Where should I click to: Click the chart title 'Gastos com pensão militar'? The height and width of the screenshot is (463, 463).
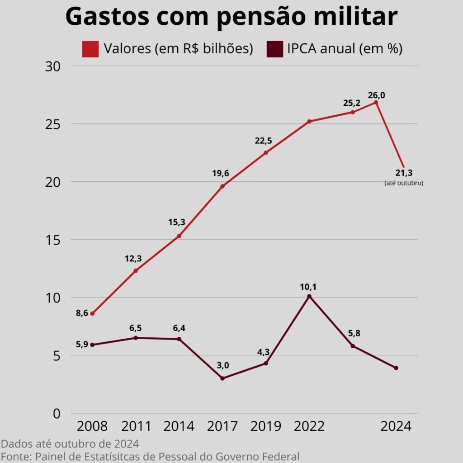tap(231, 17)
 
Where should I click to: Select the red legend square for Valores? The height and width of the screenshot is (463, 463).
tap(90, 49)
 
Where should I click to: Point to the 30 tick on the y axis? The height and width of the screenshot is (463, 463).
tap(53, 66)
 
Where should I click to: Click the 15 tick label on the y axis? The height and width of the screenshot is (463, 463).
tap(53, 240)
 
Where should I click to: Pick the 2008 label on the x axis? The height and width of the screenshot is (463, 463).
tap(92, 426)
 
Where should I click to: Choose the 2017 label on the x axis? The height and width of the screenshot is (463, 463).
tap(222, 426)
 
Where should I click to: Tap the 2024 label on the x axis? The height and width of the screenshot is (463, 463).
tap(396, 426)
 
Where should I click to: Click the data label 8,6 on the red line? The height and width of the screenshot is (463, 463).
tap(82, 313)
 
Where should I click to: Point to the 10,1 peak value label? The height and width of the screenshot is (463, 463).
tap(309, 286)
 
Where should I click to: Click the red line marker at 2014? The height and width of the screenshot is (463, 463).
tap(179, 236)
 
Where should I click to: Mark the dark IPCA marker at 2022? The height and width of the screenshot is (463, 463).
tap(309, 297)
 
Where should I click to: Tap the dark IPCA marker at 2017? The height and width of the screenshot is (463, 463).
tap(222, 378)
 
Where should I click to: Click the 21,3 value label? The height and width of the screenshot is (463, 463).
tap(404, 172)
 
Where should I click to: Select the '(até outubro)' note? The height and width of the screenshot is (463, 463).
tap(404, 183)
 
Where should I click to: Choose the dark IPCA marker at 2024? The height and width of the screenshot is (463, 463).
tap(396, 368)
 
